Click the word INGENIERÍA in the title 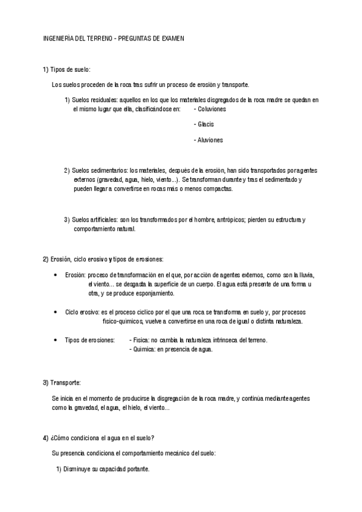59,38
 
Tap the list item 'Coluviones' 212,109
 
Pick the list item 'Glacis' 206,124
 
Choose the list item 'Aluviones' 210,140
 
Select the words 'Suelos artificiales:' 95,220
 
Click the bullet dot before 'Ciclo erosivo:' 56,312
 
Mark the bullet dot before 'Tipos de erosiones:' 56,341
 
